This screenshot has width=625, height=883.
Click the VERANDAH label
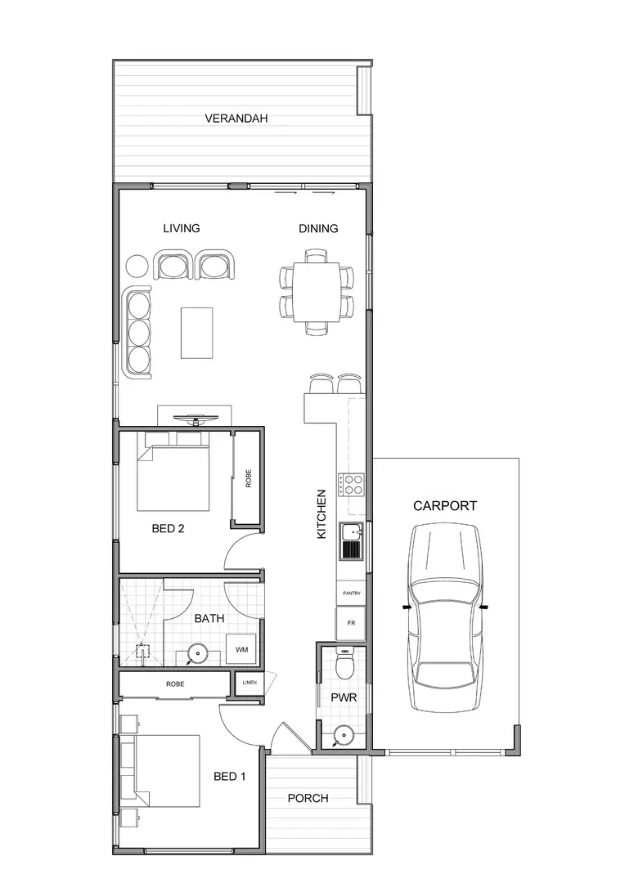tap(236, 119)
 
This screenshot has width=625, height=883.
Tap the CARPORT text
tap(444, 506)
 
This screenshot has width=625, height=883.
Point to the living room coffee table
tap(196, 332)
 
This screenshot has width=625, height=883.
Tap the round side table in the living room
tap(137, 266)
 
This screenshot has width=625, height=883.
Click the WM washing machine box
tap(242, 649)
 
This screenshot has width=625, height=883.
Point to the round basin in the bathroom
tap(196, 653)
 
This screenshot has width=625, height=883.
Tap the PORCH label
tap(308, 798)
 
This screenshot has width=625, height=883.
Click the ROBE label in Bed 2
tap(249, 478)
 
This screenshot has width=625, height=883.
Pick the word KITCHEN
tap(321, 513)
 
